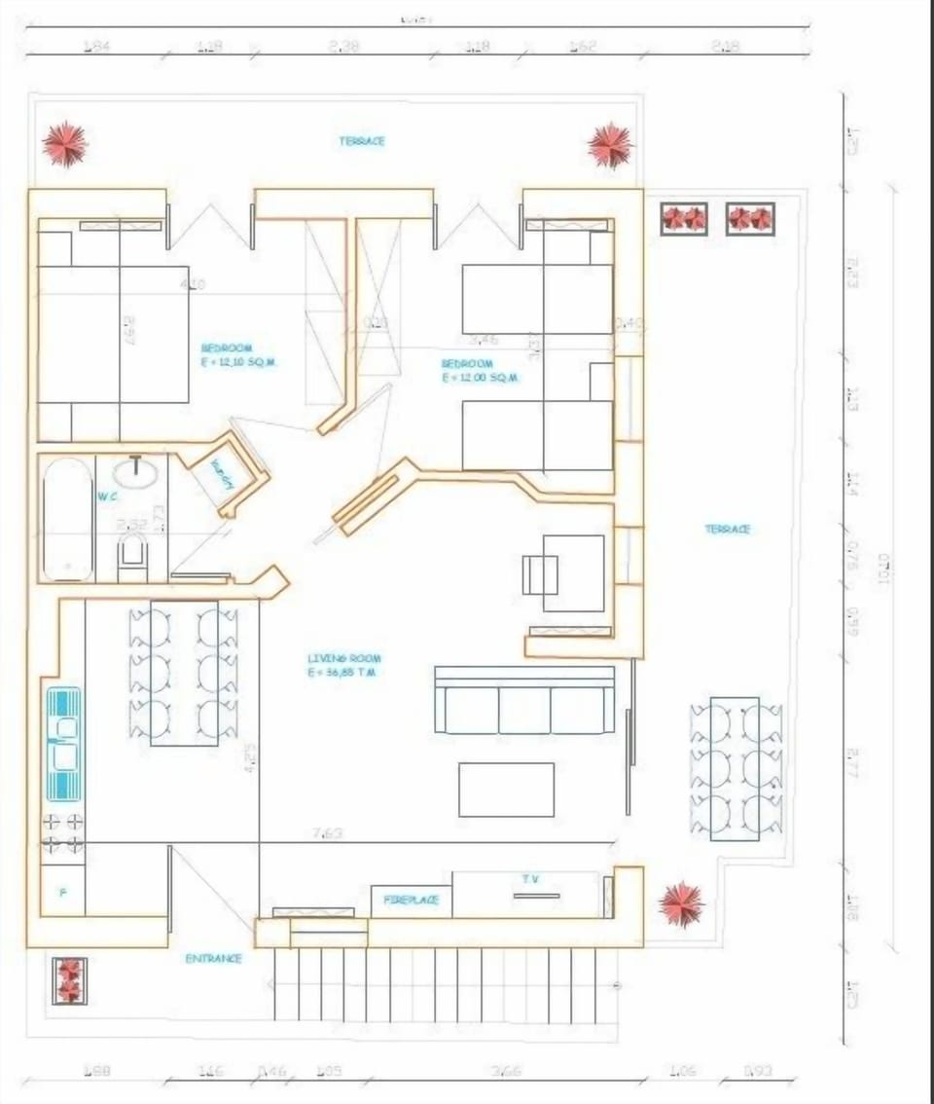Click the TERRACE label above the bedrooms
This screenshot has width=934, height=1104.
tap(362, 141)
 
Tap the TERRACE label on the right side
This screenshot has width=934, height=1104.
tap(728, 529)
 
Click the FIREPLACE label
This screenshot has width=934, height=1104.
tap(411, 901)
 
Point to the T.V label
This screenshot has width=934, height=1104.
tap(530, 879)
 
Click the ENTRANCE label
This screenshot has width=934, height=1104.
tap(213, 959)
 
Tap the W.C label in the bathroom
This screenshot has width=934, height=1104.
tap(107, 496)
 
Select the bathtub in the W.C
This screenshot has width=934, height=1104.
tap(68, 519)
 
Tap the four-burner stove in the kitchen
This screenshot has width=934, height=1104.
tap(62, 833)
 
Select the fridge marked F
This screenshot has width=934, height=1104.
tap(62, 891)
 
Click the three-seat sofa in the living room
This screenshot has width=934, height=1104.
tap(524, 700)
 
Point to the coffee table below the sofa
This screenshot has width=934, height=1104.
tap(506, 790)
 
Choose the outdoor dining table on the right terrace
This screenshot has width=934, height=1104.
tap(735, 768)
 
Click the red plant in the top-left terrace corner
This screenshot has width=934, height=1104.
tap(65, 144)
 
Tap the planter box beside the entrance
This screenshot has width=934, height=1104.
tap(69, 980)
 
